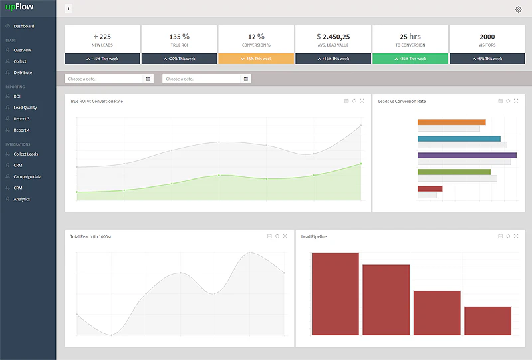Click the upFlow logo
pos(19,7)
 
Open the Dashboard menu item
pos(24,26)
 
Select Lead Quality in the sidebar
pos(25,108)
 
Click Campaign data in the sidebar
pos(27,176)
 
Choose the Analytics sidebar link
pos(22,199)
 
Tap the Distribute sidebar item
pos(23,73)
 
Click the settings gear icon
pos(519,9)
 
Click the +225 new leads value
pos(102,37)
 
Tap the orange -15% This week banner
pos(256,59)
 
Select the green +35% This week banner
pos(410,59)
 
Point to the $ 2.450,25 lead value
pos(333,37)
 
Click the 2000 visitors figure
pos(487,37)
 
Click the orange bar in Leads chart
pos(452,122)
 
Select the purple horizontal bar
pos(467,155)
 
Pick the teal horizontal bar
pos(459,138)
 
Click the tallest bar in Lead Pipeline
pos(335,293)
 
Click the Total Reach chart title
pos(90,236)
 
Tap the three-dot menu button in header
pos(69,9)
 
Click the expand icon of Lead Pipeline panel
pos(517,236)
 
